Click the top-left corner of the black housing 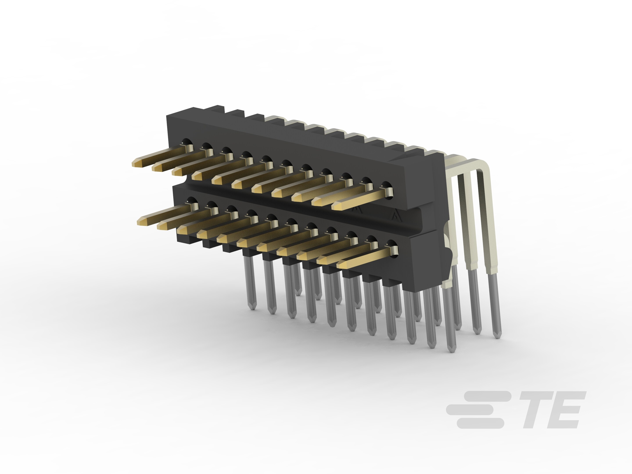click(x=167, y=115)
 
